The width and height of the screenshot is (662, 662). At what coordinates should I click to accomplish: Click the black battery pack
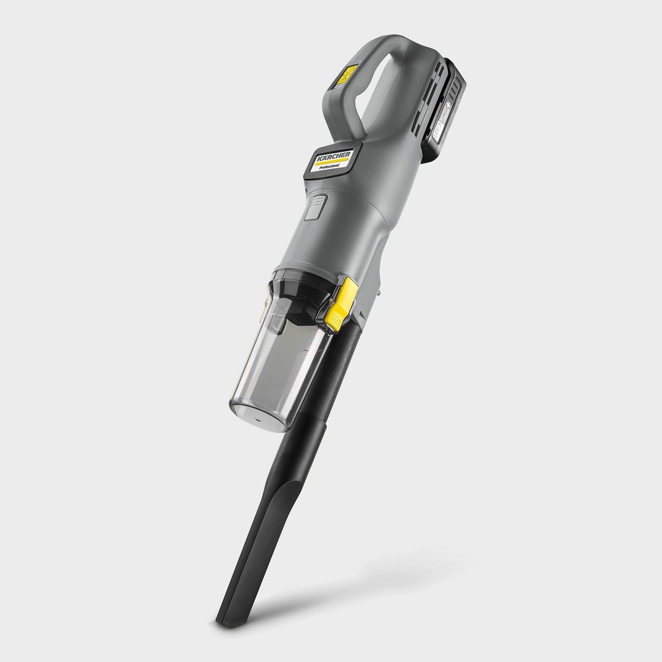[442, 109]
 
